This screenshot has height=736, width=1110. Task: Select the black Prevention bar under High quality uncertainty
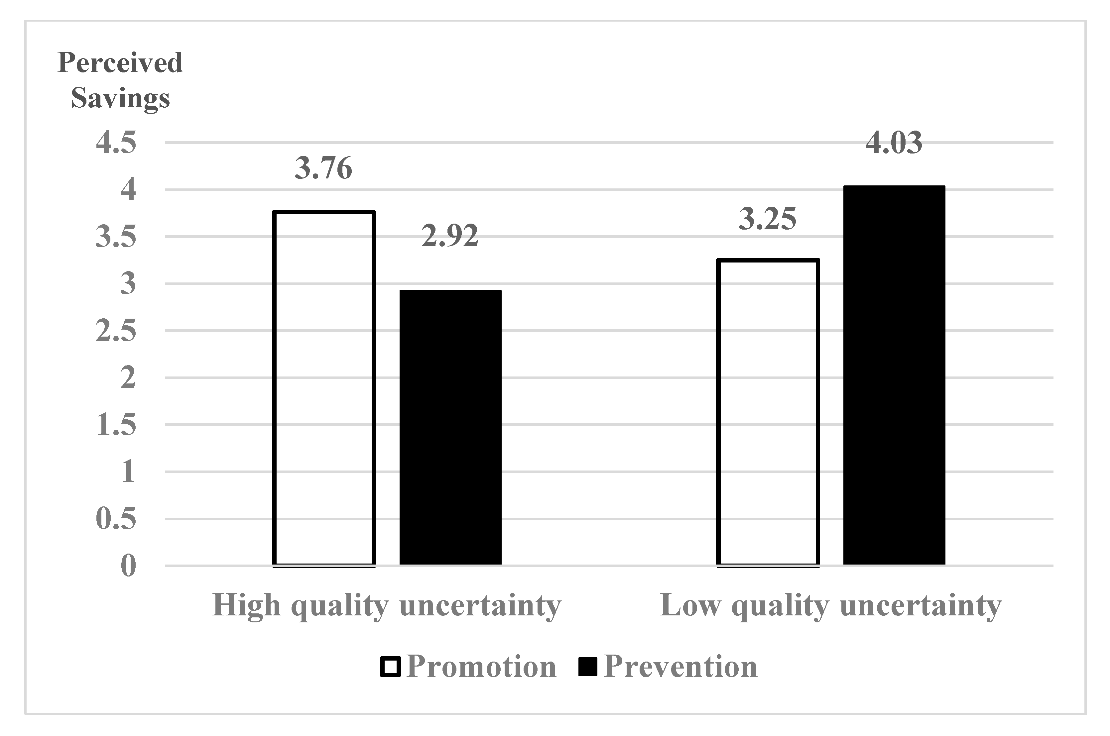[450, 427]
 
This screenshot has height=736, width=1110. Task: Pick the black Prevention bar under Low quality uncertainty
[894, 375]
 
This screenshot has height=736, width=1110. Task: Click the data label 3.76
[323, 168]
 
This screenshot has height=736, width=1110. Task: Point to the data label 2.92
[450, 236]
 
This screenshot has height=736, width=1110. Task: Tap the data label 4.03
[894, 143]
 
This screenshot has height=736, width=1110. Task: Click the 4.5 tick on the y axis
[116, 143]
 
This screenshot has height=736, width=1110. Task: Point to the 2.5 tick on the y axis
[116, 331]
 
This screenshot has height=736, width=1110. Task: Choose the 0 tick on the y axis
[128, 566]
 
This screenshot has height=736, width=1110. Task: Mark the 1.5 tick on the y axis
[116, 425]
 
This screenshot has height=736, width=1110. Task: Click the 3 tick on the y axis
[128, 283]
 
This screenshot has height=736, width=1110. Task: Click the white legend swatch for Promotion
[390, 667]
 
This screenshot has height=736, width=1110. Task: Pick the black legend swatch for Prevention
[587, 667]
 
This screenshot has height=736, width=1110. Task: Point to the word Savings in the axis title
[120, 99]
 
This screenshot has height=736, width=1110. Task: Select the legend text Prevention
[680, 667]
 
